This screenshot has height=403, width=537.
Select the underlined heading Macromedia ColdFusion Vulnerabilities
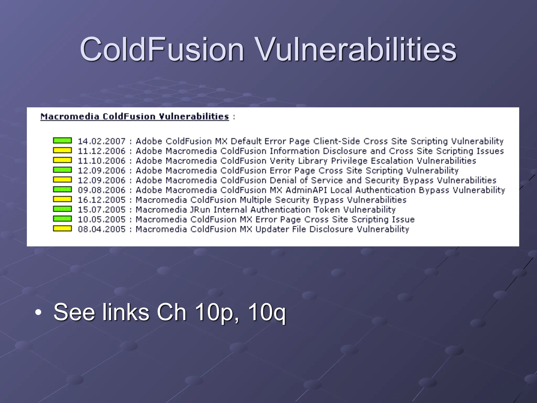point(135,116)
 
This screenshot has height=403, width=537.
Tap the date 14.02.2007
point(102,141)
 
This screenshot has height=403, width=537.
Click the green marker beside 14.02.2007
point(62,141)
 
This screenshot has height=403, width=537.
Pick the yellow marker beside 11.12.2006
point(62,150)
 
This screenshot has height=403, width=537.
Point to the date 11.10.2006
point(102,161)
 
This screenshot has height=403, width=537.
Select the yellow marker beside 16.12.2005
point(62,199)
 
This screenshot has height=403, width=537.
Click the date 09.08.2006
point(102,190)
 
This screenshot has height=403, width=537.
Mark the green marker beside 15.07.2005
point(62,209)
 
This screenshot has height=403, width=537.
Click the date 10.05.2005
point(102,219)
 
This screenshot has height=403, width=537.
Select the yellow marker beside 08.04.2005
point(62,229)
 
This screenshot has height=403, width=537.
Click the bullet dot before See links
point(38,312)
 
